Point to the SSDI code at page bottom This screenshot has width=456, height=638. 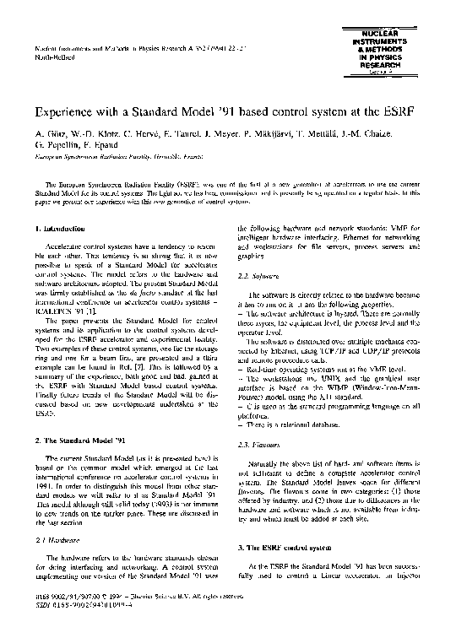click(x=73, y=627)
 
